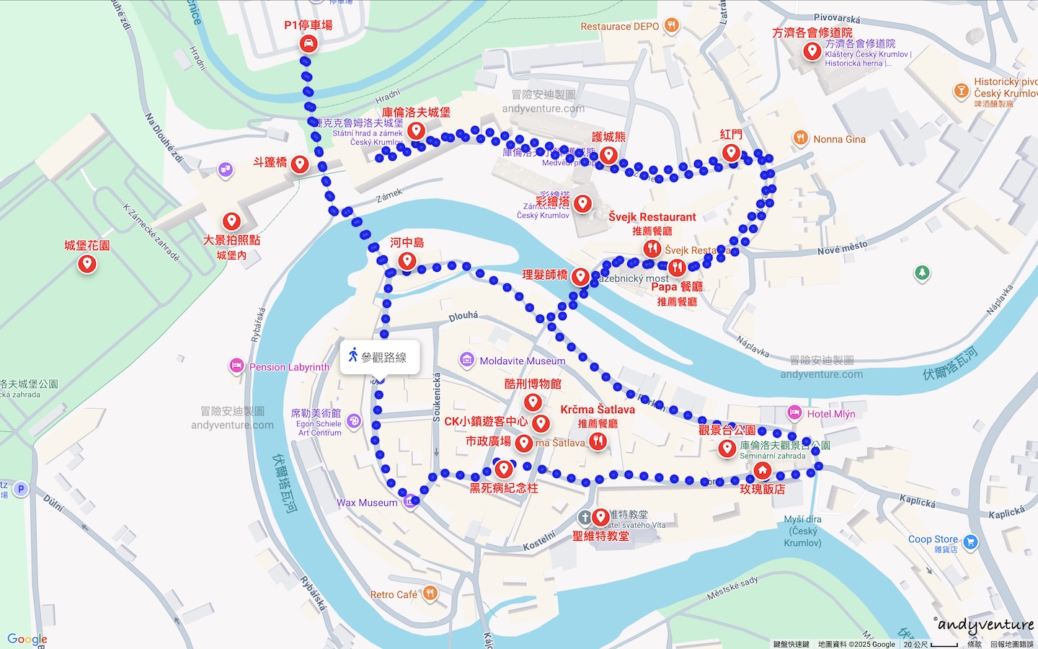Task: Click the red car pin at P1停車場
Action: (x=309, y=43)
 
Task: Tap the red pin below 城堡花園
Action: (x=87, y=263)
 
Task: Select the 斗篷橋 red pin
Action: (x=300, y=164)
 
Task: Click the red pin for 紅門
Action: (x=731, y=152)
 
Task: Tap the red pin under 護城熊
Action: (x=608, y=154)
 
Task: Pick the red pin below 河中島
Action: (x=407, y=260)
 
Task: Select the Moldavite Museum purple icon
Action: (x=466, y=360)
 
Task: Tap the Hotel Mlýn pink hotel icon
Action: (x=794, y=413)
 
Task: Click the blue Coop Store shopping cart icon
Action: (x=970, y=542)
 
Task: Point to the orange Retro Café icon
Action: (x=430, y=593)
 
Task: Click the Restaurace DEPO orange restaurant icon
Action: (x=672, y=26)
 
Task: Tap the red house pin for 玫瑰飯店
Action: (x=762, y=470)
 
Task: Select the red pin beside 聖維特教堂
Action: (x=600, y=516)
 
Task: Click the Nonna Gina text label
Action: (x=839, y=139)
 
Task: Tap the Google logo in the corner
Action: (x=27, y=639)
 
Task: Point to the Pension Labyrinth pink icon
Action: (x=236, y=366)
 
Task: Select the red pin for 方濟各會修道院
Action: (x=812, y=50)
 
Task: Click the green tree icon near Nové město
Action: (x=922, y=273)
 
